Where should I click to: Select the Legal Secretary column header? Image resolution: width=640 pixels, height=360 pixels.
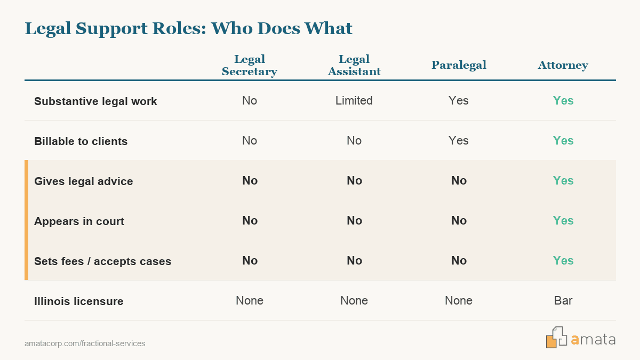[250, 65]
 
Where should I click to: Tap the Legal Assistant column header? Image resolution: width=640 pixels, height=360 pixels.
[354, 65]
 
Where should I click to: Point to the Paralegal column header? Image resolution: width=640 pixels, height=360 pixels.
[459, 65]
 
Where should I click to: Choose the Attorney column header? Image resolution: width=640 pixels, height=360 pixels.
[563, 66]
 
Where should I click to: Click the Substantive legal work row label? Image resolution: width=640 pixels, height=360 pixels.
[95, 101]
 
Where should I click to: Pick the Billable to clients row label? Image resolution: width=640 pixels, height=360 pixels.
[81, 141]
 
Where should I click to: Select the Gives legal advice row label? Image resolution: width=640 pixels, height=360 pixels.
[83, 181]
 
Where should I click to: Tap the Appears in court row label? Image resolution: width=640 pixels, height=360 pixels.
[79, 221]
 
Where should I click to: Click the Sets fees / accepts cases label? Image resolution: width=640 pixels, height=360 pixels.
[102, 261]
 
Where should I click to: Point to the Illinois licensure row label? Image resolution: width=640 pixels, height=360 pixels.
[78, 301]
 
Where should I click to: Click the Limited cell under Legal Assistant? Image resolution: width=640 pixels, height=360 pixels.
[354, 101]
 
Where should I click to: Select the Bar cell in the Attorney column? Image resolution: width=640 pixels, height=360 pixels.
[563, 301]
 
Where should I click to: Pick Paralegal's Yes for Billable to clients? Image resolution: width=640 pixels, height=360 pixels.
[459, 141]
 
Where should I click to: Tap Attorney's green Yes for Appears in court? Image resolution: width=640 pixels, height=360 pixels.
[563, 221]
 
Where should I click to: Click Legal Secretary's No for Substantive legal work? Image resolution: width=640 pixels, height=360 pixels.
[250, 101]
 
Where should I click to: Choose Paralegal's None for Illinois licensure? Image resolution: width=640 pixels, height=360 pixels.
[459, 301]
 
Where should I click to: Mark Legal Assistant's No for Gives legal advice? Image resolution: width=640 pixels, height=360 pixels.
[354, 181]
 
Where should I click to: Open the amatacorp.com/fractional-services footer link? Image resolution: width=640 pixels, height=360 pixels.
[85, 343]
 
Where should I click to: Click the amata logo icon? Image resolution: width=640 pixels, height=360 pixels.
[556, 338]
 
